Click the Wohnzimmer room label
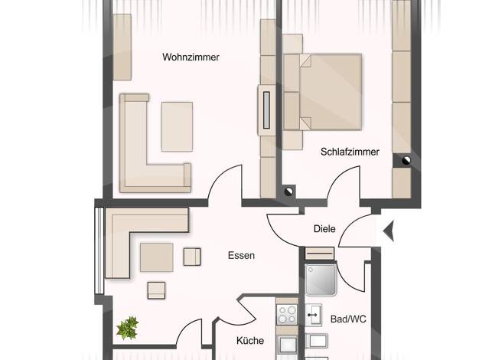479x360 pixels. coord(191,57)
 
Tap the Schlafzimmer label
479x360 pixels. coord(350,152)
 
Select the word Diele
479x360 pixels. coord(324,229)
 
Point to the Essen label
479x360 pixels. coord(241,255)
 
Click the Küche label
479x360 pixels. coord(250,340)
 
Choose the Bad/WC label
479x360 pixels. coord(348,319)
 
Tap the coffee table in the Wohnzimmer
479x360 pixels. coord(178,126)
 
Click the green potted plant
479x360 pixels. coord(128,328)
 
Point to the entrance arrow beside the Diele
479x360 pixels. coord(389,231)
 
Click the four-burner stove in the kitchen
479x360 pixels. coord(287,315)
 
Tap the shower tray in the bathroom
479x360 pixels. coord(321,280)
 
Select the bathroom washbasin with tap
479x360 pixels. coord(313,315)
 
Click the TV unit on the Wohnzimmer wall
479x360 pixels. coord(267,110)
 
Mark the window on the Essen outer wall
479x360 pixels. coord(99,250)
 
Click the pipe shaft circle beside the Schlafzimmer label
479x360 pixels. coord(406,161)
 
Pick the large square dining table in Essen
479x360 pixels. coord(157,257)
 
